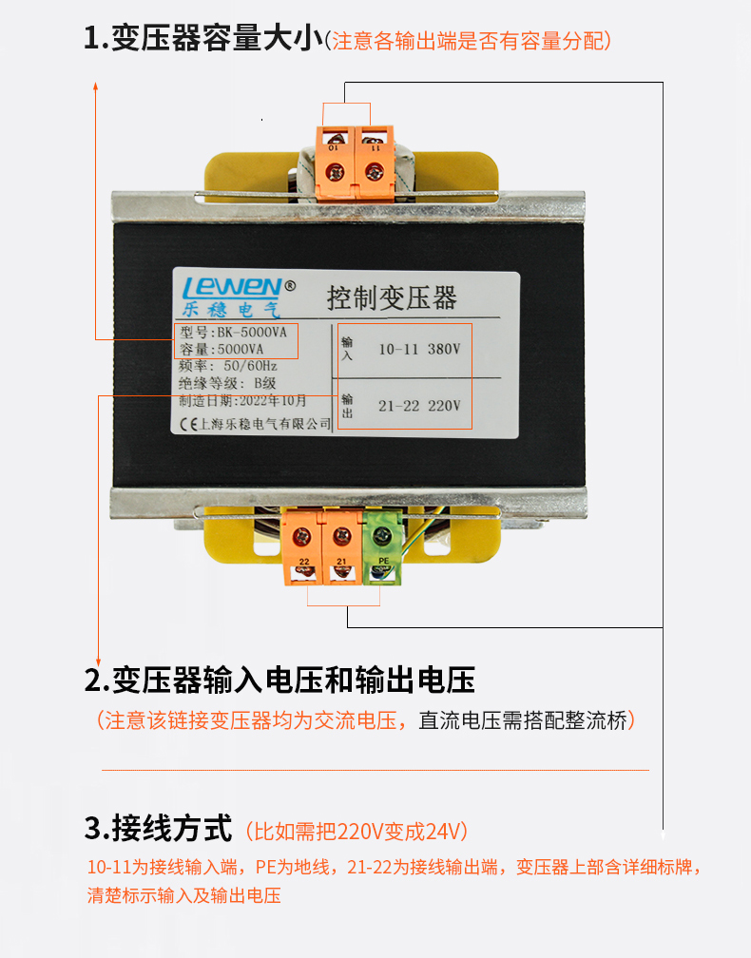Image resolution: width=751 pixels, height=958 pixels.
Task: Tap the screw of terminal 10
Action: [335, 172]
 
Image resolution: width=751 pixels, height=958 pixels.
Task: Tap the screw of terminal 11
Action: [374, 172]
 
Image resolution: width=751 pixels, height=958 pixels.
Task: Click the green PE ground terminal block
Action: [382, 547]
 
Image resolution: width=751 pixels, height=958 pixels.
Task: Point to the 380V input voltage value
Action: [444, 349]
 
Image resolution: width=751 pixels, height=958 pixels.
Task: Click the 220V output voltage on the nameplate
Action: [444, 406]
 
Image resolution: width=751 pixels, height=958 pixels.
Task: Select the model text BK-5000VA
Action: [252, 332]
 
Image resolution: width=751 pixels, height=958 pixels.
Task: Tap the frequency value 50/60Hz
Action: [251, 366]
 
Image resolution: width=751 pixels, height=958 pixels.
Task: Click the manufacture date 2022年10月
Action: [273, 401]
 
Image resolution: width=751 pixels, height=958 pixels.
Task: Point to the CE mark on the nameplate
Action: [188, 424]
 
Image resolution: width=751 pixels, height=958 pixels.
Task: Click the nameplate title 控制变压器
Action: [392, 297]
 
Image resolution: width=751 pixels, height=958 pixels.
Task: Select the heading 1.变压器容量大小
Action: [203, 38]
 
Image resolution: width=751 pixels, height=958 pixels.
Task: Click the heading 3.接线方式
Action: [158, 828]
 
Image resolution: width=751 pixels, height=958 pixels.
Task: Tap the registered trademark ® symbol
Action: [290, 285]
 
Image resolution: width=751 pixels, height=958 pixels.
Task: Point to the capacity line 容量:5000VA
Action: [221, 349]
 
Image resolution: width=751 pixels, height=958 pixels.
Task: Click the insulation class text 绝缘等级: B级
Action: [227, 383]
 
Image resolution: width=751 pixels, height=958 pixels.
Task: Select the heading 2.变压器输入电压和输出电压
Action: [279, 680]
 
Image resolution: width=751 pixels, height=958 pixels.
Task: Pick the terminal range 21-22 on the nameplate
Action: [398, 406]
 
